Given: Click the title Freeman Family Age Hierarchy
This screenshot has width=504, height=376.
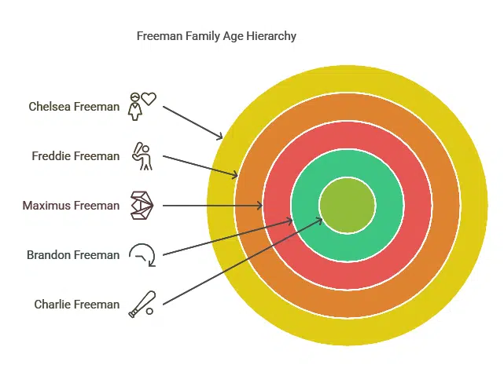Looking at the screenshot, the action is pyautogui.click(x=216, y=36).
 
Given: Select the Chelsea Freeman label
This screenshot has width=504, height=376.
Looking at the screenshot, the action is pyautogui.click(x=74, y=107).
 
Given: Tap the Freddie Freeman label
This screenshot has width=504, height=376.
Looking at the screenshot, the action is pyautogui.click(x=75, y=156).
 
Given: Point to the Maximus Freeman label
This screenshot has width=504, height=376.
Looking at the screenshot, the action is pyautogui.click(x=71, y=206).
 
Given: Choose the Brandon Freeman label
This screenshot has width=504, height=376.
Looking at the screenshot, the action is pyautogui.click(x=73, y=255).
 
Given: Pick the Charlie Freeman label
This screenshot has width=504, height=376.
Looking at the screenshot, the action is pyautogui.click(x=77, y=304).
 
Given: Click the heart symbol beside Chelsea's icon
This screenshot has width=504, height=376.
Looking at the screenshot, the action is pyautogui.click(x=149, y=98).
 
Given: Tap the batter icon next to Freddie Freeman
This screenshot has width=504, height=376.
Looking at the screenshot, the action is pyautogui.click(x=142, y=156).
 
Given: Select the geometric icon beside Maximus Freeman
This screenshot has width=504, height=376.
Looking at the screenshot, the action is pyautogui.click(x=142, y=206).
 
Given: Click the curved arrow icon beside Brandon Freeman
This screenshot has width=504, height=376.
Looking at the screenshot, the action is pyautogui.click(x=142, y=255).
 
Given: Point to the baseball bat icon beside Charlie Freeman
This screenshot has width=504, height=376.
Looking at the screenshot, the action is pyautogui.click(x=142, y=304).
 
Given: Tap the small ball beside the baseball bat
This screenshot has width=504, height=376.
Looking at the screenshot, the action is pyautogui.click(x=149, y=311).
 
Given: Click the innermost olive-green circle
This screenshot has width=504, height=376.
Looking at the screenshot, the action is pyautogui.click(x=348, y=206).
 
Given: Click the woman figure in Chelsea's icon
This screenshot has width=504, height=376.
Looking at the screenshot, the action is pyautogui.click(x=135, y=107).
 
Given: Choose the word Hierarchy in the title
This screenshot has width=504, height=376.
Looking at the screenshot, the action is pyautogui.click(x=271, y=36).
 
